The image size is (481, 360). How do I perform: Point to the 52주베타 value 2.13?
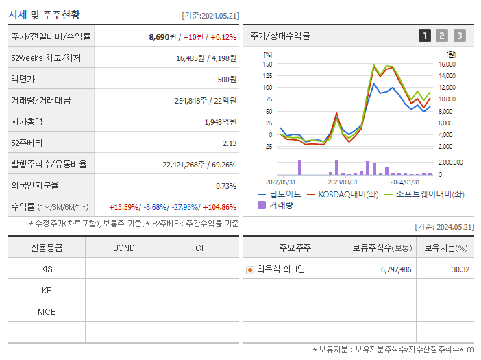coord(229,143)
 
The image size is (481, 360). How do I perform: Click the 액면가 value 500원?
coord(226,79)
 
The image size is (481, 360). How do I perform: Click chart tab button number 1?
coord(425,36)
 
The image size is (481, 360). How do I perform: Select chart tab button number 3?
coord(459,36)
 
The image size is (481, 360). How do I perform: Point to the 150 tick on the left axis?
coord(267,64)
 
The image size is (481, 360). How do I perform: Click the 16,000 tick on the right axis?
coord(447,64)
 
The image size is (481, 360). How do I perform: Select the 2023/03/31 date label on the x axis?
coord(343,182)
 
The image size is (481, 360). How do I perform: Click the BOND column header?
coord(123,248)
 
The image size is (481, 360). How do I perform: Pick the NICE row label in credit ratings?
coord(47,311)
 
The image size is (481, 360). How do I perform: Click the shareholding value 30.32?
coord(460,269)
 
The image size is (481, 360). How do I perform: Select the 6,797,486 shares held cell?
coord(395,269)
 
